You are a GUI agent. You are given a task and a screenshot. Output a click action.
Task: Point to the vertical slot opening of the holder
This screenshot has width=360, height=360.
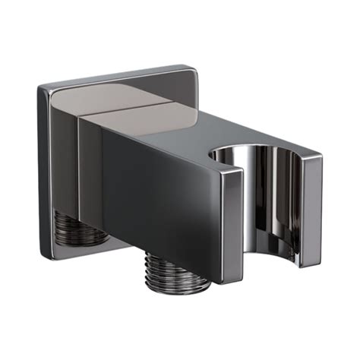[270, 205]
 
